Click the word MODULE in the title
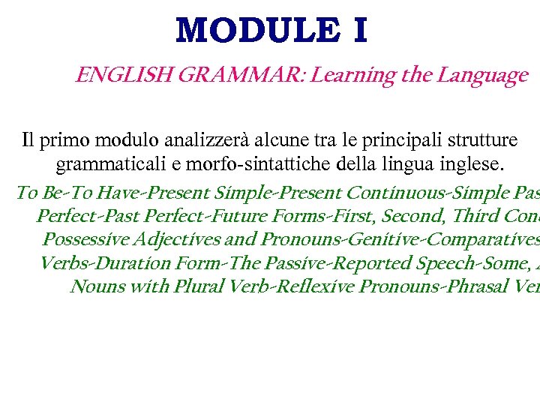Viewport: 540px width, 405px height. click(x=247, y=31)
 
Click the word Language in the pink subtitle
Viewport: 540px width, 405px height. click(x=483, y=75)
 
